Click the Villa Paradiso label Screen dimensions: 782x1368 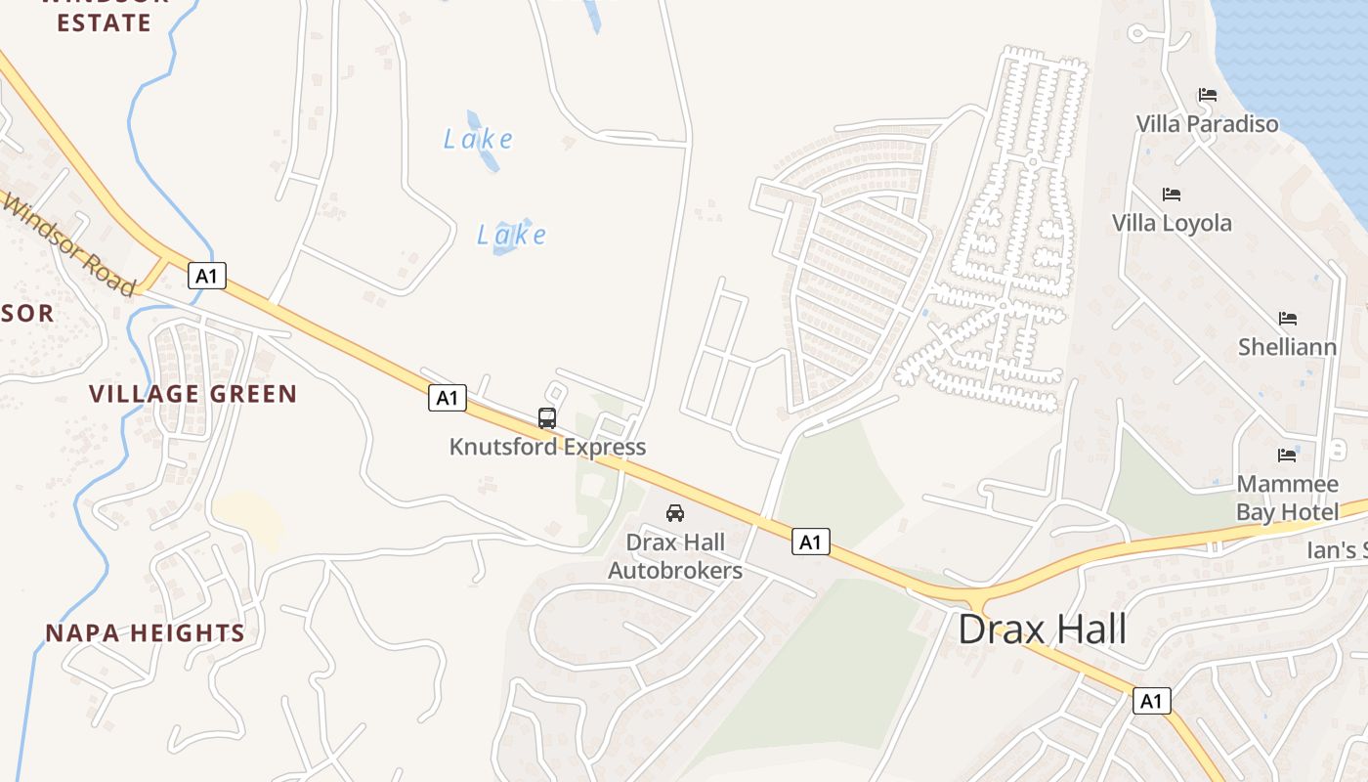tap(1207, 124)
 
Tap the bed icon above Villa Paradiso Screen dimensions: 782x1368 tap(1208, 95)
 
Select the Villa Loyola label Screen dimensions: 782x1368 tap(1172, 223)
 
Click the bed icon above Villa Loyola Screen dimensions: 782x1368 tap(1172, 194)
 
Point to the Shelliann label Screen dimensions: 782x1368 tap(1287, 347)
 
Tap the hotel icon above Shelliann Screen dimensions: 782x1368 tap(1288, 319)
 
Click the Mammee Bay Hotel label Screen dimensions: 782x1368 tap(1287, 499)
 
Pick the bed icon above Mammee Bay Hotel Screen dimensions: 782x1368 tap(1287, 455)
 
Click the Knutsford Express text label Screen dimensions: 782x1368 tap(547, 447)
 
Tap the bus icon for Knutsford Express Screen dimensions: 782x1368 tap(547, 418)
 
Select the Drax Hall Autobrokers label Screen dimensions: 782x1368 tap(675, 556)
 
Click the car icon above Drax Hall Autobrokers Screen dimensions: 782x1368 tap(674, 512)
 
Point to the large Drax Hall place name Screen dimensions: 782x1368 tap(1042, 629)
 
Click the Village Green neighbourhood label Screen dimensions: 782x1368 tap(192, 394)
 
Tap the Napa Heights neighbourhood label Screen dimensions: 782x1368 tap(145, 632)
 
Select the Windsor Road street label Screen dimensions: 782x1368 tap(68, 244)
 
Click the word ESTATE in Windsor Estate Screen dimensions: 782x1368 tap(104, 22)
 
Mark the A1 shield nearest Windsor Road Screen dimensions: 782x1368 tap(206, 276)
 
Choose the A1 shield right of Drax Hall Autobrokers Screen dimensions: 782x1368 tap(810, 542)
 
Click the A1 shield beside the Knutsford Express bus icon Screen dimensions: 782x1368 tap(447, 398)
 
